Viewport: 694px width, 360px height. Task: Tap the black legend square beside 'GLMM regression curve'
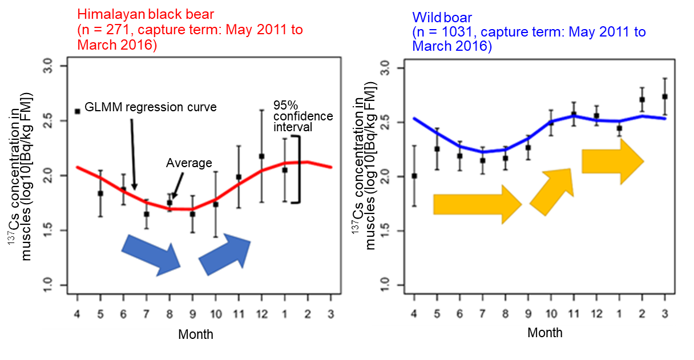(78, 111)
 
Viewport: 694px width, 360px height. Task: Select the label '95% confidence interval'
(302, 116)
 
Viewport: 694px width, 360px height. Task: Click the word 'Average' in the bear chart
(189, 163)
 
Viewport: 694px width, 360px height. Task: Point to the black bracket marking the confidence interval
(297, 169)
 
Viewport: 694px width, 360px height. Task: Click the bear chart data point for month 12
(261, 156)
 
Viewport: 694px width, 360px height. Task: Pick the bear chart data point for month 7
(147, 214)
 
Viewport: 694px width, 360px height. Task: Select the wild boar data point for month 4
(414, 176)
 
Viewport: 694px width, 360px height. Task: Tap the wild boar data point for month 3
(665, 96)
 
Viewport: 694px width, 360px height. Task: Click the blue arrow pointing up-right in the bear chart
(224, 252)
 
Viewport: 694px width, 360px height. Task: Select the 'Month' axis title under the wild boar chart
(544, 333)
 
